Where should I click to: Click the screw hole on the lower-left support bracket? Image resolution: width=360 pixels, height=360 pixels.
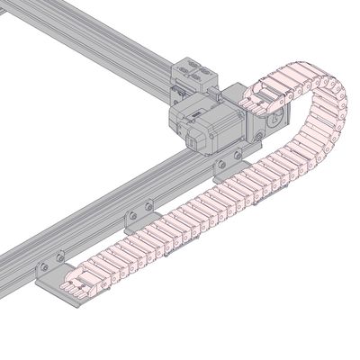click(42, 267)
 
